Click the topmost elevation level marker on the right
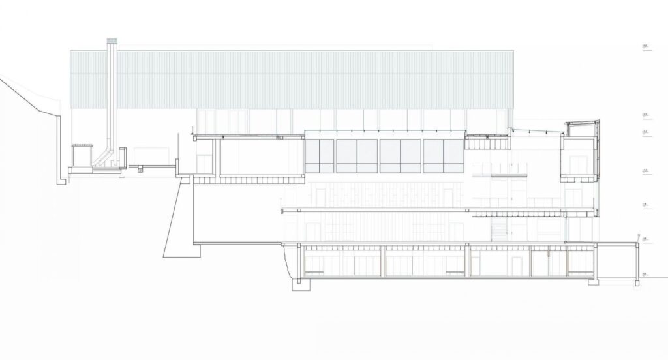[646, 48]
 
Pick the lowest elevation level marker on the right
[646, 274]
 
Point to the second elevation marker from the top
[646, 116]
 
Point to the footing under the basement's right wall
[592, 281]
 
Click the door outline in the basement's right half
[517, 264]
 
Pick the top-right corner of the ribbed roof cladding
[515, 50]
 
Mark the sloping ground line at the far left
[26, 95]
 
